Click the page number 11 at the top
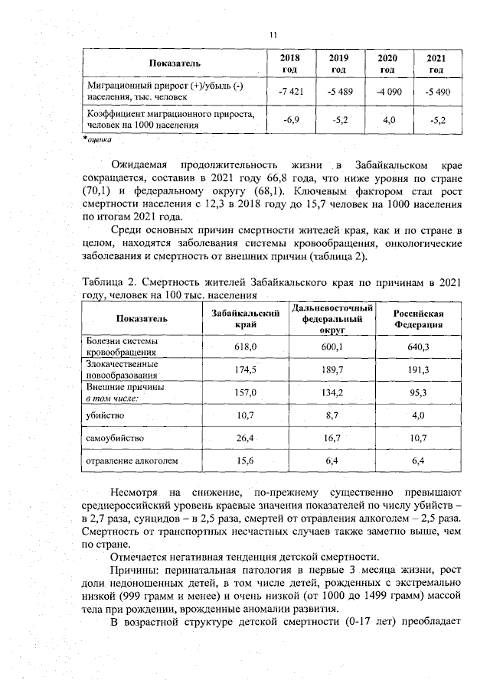[273, 34]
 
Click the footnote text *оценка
[97, 140]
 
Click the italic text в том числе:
[111, 398]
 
